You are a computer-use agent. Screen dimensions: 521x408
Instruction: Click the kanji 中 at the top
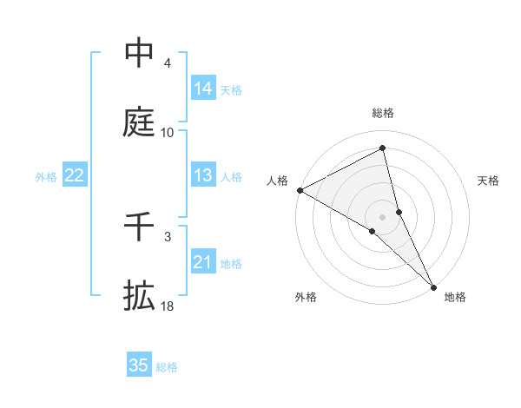[x=139, y=53]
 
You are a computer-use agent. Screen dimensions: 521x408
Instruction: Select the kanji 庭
[x=139, y=123]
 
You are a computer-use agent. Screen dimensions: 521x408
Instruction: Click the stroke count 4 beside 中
[x=168, y=63]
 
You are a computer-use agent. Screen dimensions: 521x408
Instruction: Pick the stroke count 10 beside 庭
[x=168, y=133]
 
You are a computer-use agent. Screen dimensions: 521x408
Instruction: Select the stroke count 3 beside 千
[x=168, y=236]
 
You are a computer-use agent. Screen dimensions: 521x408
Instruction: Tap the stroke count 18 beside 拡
[x=168, y=306]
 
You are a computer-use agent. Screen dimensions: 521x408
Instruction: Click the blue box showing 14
[x=203, y=89]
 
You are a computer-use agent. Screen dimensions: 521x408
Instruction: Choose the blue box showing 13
[x=203, y=175]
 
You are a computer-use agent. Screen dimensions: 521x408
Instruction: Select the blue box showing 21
[x=203, y=262]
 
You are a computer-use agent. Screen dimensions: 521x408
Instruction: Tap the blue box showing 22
[x=75, y=175]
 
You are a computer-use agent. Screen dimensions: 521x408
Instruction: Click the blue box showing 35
[x=139, y=365]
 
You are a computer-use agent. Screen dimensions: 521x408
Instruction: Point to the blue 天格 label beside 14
[x=231, y=90]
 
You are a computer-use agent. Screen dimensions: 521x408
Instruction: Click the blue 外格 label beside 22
[x=46, y=177]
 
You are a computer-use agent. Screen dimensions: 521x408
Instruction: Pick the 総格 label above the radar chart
[x=383, y=113]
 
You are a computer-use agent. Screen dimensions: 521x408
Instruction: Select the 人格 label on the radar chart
[x=277, y=181]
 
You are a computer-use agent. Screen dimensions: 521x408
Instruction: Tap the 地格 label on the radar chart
[x=455, y=298]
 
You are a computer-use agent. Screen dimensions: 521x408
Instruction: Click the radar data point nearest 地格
[x=433, y=286]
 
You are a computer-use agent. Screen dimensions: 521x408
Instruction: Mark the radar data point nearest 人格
[x=300, y=190]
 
